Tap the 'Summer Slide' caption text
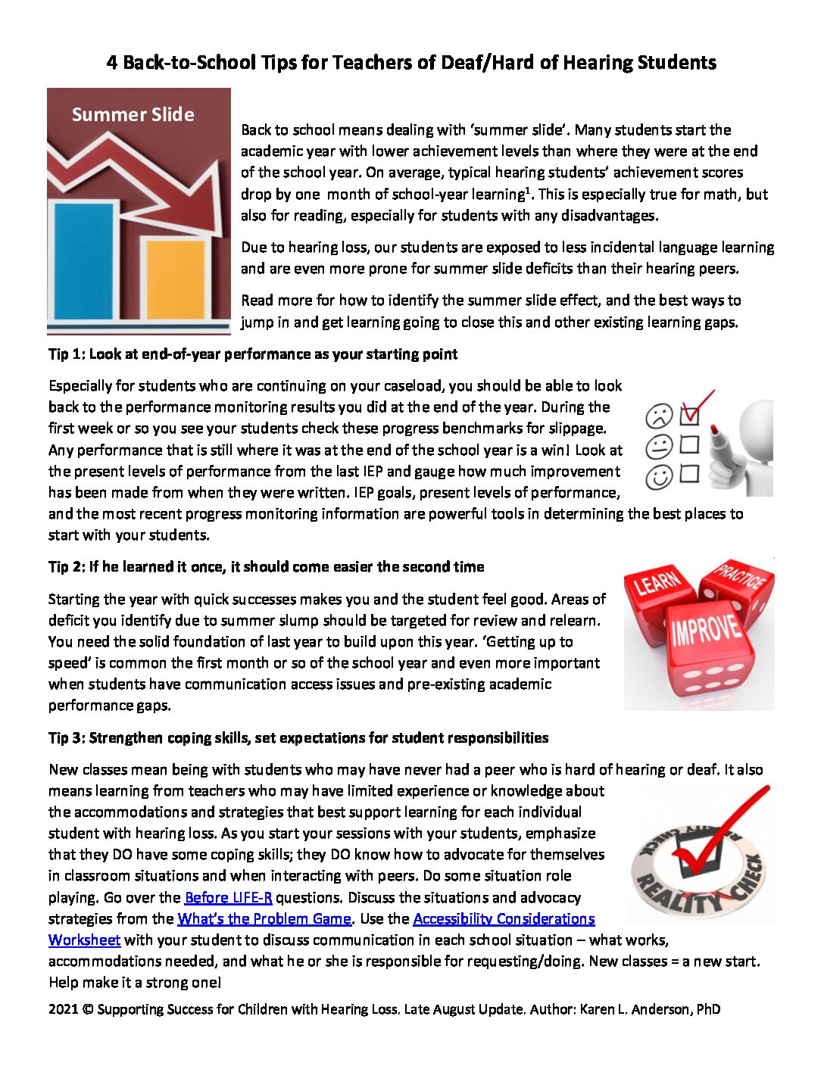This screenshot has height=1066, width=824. click(x=133, y=114)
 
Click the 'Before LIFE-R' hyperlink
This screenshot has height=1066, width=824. click(x=228, y=897)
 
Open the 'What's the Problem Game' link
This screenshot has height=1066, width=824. click(x=264, y=918)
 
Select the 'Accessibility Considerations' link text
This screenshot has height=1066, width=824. click(x=504, y=918)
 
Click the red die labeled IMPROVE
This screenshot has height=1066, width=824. click(x=707, y=644)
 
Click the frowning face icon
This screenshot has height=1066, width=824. click(x=658, y=416)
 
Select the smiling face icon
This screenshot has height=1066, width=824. click(x=658, y=477)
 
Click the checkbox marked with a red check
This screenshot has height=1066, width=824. click(x=689, y=415)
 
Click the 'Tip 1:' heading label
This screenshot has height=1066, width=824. click(x=67, y=354)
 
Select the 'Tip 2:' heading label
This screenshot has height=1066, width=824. click(x=67, y=567)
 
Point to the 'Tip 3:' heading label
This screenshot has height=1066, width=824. click(x=67, y=738)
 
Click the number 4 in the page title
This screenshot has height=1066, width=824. click(x=112, y=63)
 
